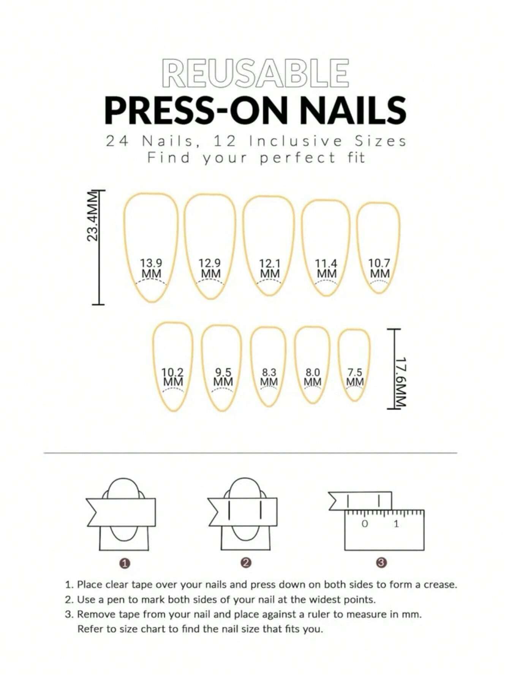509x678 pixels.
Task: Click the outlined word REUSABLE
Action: point(255,73)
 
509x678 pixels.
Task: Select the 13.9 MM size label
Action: point(151,268)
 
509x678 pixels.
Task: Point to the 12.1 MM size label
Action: point(270,268)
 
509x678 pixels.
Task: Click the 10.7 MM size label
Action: point(379,268)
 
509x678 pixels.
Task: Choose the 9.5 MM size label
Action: point(223,377)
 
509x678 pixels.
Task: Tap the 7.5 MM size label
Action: point(355,377)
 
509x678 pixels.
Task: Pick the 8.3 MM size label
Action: point(269,377)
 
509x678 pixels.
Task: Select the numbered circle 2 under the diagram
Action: point(246,563)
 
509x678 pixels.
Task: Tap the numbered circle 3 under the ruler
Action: point(382,563)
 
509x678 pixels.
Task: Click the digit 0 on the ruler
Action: point(365,524)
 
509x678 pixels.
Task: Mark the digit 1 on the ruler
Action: point(396,524)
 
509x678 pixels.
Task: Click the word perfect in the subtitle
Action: point(298,158)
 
